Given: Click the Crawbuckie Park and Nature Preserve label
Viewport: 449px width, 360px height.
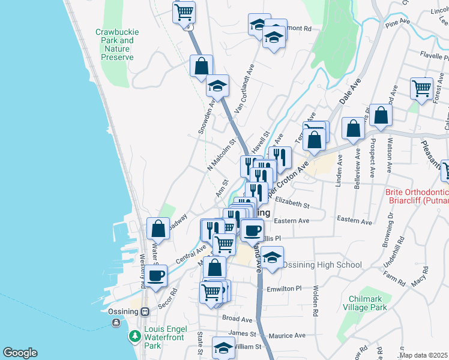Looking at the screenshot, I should click(114, 44).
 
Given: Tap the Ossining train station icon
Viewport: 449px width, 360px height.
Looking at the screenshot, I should click(145, 311).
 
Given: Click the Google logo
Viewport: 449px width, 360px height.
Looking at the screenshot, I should click(20, 353).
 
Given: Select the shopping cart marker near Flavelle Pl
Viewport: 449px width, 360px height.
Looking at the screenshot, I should click(422, 88).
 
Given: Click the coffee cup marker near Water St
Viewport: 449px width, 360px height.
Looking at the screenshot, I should click(156, 276).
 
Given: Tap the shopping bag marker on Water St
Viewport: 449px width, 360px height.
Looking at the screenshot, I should click(158, 229).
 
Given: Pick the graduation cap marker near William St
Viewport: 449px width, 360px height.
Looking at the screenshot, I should click(223, 347).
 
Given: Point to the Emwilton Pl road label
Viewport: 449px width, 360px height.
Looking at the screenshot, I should click(284, 289).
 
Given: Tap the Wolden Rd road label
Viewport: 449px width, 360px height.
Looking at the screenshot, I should click(315, 300).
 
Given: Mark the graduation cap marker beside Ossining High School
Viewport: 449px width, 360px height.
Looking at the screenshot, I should click(272, 257).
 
